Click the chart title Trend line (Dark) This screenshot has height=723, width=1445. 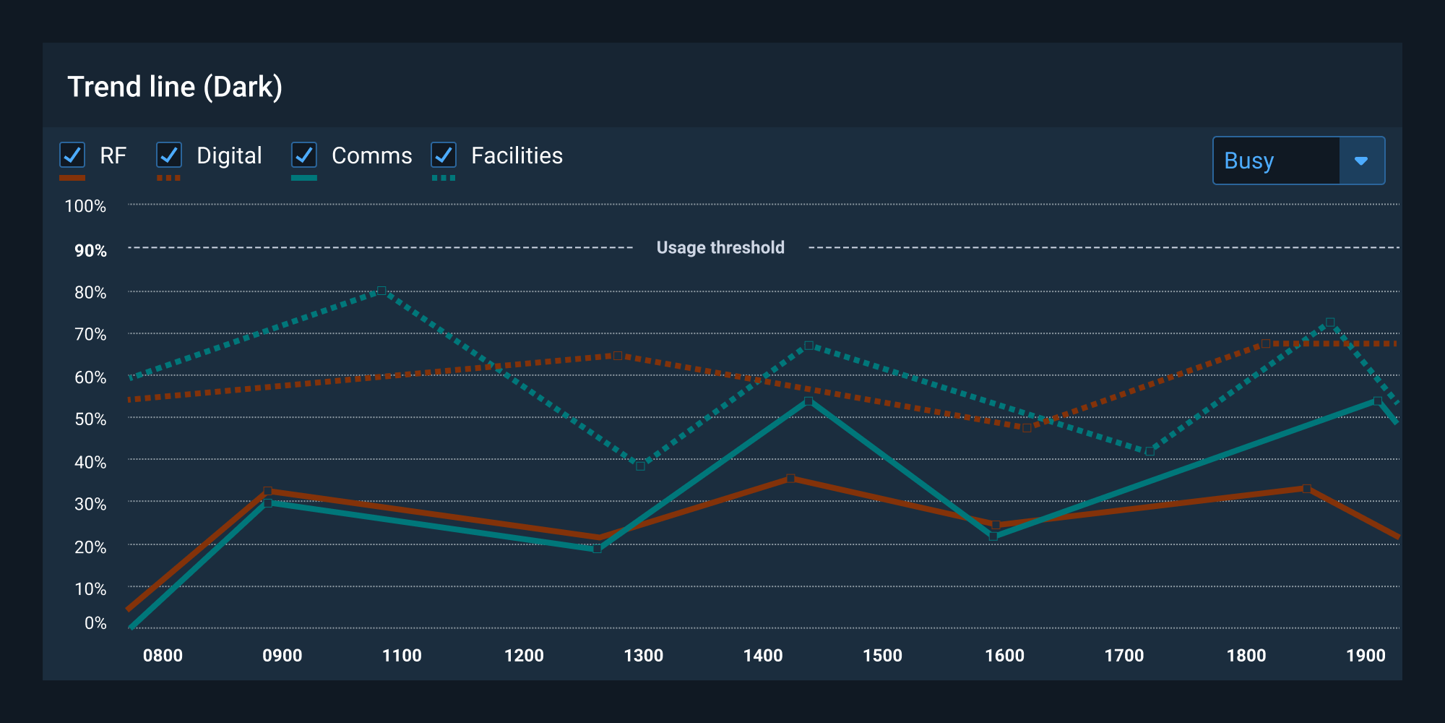coord(175,87)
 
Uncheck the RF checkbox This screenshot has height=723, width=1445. coord(72,155)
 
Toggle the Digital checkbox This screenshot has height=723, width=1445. coord(169,155)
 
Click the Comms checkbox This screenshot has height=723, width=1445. coord(304,155)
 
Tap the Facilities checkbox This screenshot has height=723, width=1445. coord(444,155)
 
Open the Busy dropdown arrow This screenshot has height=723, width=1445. coord(1361,161)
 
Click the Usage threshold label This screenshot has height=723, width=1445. coord(720,247)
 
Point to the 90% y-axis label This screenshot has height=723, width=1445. coord(90,251)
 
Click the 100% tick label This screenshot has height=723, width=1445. coord(85,206)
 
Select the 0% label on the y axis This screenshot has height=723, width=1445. coord(95,623)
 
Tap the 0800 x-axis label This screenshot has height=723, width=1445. coord(163,656)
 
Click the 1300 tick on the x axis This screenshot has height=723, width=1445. coord(643,656)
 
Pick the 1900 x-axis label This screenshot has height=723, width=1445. coord(1366,656)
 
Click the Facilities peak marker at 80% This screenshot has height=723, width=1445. coord(381,291)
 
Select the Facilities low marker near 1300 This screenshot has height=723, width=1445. coord(640,466)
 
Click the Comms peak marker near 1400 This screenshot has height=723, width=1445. coord(808,401)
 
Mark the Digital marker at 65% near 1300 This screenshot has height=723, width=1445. coord(618,356)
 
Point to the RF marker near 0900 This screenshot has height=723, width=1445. coord(268,491)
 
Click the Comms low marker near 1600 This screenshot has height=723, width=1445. coord(993,536)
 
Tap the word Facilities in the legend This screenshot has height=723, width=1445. coord(517,155)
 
